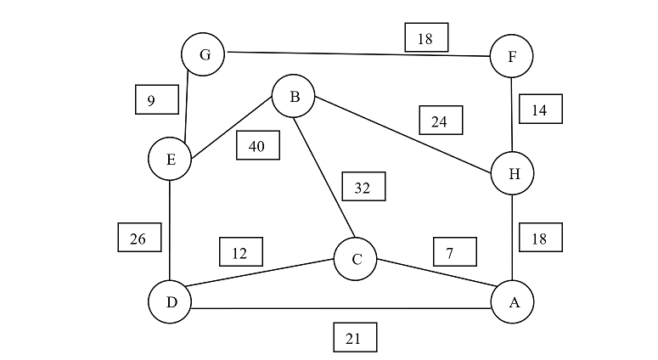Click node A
pyautogui.click(x=513, y=302)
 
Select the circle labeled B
pyautogui.click(x=294, y=97)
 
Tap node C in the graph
pyautogui.click(x=356, y=260)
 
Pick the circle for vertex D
pyautogui.click(x=170, y=302)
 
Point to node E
pyautogui.click(x=170, y=160)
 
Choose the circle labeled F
pyautogui.click(x=512, y=56)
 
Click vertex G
pyautogui.click(x=203, y=55)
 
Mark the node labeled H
pyautogui.click(x=513, y=174)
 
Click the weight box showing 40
pyautogui.click(x=257, y=146)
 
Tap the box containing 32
pyautogui.click(x=363, y=187)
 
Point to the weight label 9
pyautogui.click(x=156, y=99)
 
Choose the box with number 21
pyautogui.click(x=355, y=337)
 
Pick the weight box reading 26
pyautogui.click(x=138, y=238)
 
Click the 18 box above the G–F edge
pyautogui.click(x=426, y=37)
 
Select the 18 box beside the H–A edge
pyautogui.click(x=540, y=238)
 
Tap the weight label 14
pyautogui.click(x=540, y=109)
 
